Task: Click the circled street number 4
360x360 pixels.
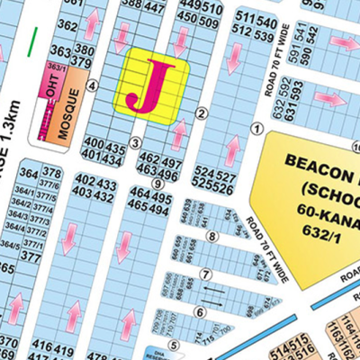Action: (x=93, y=85)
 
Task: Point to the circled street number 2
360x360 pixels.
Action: (x=202, y=112)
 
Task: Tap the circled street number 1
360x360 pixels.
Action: (x=256, y=130)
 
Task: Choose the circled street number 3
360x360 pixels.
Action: (x=135, y=142)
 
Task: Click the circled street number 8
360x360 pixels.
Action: (x=211, y=237)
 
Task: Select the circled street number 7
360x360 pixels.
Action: (x=205, y=274)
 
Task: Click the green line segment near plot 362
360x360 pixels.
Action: (x=33, y=39)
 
